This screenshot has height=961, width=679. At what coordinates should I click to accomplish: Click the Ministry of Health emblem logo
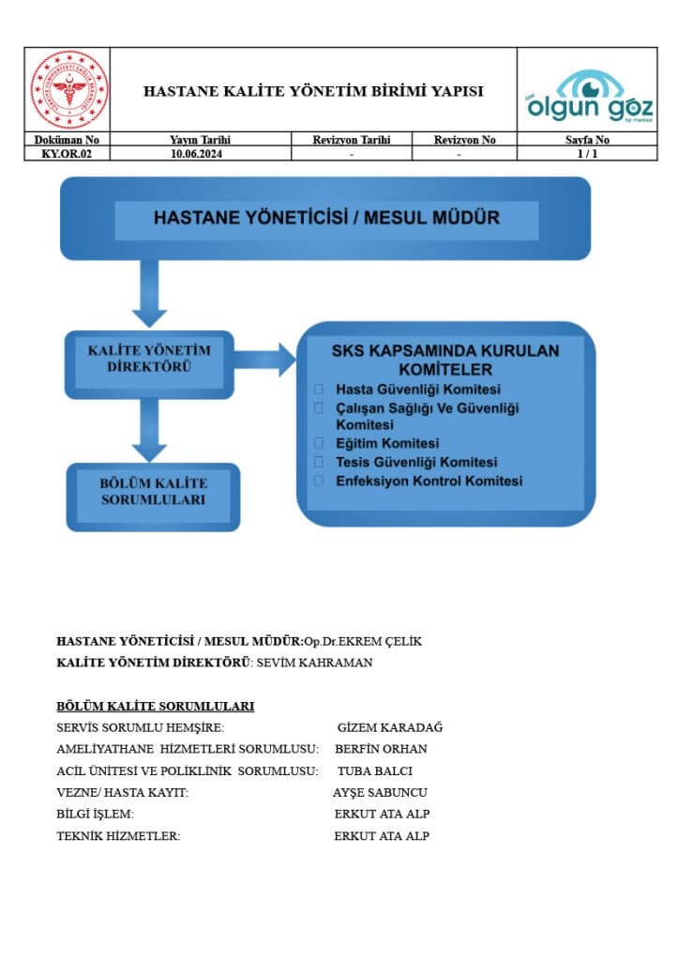click(70, 90)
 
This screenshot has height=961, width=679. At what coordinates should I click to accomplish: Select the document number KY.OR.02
click(68, 153)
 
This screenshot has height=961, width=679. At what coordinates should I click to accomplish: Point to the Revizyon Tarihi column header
click(352, 140)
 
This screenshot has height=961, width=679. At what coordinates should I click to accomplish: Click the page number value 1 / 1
click(588, 153)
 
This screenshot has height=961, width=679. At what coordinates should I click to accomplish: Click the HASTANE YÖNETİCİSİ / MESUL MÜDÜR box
click(325, 218)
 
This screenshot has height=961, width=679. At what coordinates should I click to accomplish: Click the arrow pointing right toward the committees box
click(265, 359)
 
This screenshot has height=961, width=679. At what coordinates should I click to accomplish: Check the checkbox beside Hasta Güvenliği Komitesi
click(319, 389)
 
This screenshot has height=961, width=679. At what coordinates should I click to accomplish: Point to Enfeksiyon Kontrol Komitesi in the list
click(429, 480)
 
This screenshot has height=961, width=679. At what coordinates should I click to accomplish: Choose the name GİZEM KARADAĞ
click(389, 727)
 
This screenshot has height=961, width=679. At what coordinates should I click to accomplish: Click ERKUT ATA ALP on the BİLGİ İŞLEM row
click(382, 814)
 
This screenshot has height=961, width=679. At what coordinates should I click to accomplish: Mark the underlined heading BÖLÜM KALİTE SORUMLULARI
click(156, 706)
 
